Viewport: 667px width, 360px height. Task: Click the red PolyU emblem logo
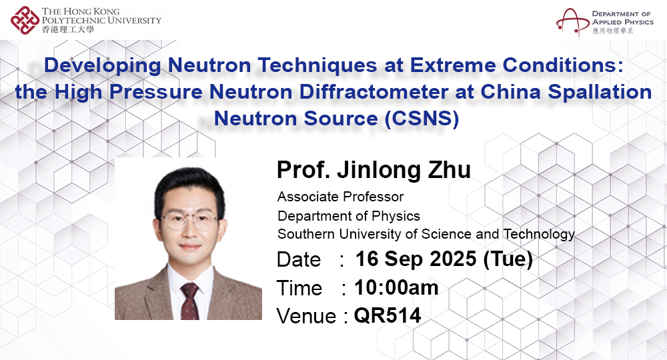coord(25,20)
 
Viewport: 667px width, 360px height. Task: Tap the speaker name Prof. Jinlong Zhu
coord(374,170)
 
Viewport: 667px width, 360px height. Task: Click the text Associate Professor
coord(340,197)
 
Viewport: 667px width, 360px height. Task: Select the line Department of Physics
coord(349,216)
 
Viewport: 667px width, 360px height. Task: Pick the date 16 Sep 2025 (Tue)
coord(444,259)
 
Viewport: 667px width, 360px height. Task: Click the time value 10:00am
coord(396,287)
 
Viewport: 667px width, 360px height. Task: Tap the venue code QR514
coord(388,315)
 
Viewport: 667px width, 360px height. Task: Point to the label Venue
coord(306,316)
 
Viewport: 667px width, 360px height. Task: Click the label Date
coord(299,259)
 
